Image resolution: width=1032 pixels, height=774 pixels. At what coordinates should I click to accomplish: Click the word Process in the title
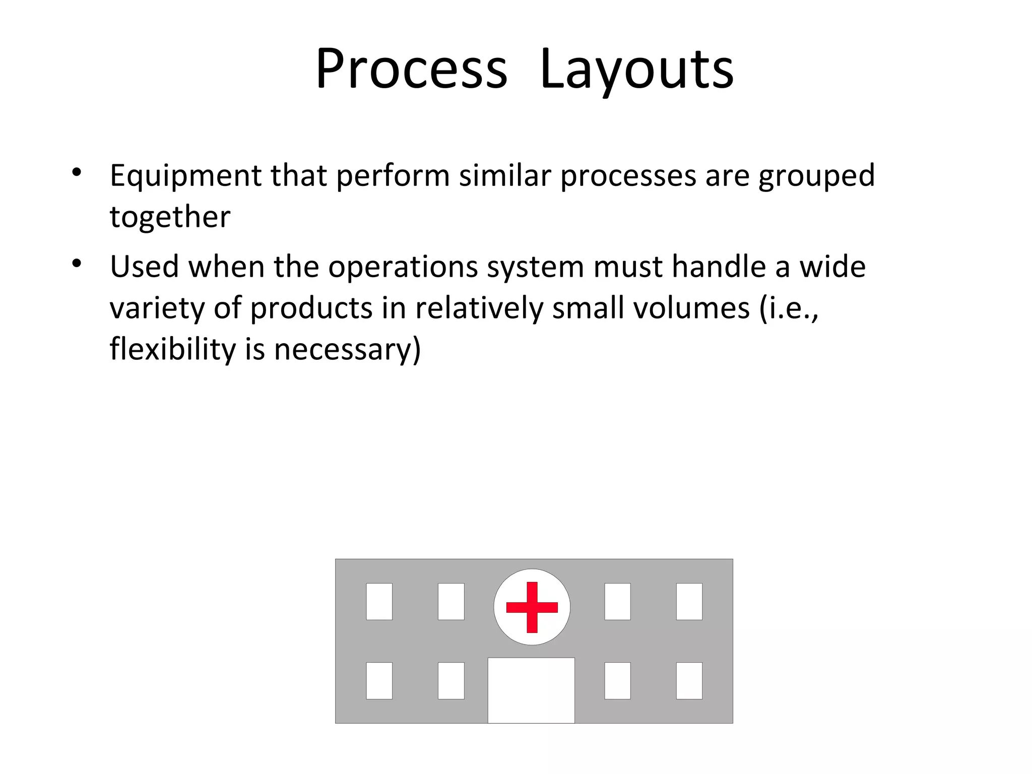coord(411,69)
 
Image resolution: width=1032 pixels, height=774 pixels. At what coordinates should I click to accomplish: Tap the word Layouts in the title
coord(636,69)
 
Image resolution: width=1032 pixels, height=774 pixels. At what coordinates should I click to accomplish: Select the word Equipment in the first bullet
coord(185,176)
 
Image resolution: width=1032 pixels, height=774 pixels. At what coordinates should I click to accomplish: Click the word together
coord(170,217)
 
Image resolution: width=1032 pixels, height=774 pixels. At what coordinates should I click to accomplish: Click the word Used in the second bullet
coord(144,267)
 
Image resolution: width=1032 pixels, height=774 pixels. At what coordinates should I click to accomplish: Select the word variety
coord(157,308)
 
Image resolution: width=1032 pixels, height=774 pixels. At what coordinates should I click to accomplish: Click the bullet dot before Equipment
coord(77,172)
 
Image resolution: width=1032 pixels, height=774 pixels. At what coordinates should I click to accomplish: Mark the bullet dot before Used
coord(77,263)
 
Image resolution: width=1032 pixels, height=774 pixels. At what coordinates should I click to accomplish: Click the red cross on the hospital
coord(532,607)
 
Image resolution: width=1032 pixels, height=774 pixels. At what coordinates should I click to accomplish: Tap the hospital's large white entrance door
coord(531,690)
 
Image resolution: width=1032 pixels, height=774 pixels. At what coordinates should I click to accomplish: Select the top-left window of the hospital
coord(379,601)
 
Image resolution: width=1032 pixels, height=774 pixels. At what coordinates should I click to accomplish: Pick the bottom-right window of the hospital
coord(689,681)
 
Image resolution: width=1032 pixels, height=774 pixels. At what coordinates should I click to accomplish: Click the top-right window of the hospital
coord(689,601)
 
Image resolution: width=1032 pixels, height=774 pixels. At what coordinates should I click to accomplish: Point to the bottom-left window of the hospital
coord(379,681)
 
